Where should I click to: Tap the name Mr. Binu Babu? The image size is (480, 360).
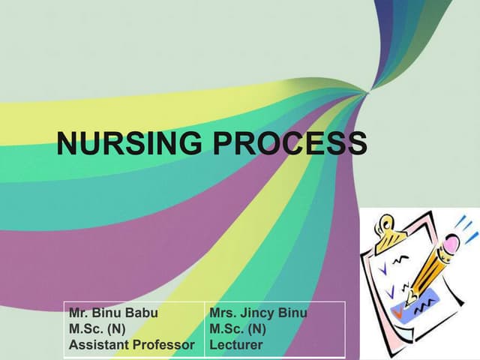(113, 313)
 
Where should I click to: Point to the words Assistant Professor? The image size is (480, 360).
(132, 344)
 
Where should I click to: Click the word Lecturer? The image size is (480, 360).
(237, 344)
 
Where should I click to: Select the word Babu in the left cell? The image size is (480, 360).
(142, 313)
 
